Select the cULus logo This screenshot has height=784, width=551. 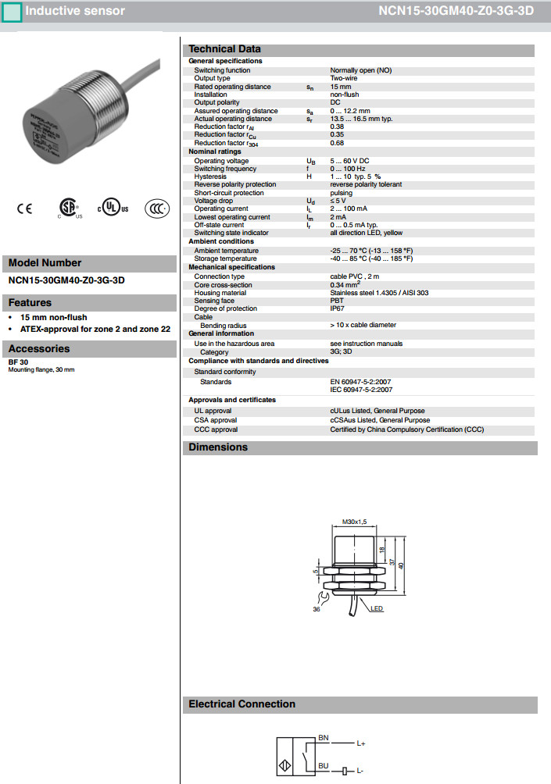tap(113, 208)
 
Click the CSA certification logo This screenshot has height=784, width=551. tap(70, 208)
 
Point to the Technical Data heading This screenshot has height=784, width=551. tap(225, 49)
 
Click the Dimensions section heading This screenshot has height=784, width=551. tap(218, 447)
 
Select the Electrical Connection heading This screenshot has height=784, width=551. tap(242, 704)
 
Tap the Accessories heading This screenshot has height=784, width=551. tap(41, 349)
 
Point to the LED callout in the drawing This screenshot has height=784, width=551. tap(377, 608)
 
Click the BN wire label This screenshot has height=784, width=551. tap(324, 737)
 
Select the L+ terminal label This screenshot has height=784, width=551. tap(361, 743)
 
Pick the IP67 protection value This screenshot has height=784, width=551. tap(337, 309)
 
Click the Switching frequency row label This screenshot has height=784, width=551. tap(225, 169)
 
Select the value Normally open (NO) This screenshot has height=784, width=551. tap(360, 70)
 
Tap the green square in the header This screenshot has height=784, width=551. tap(13, 12)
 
